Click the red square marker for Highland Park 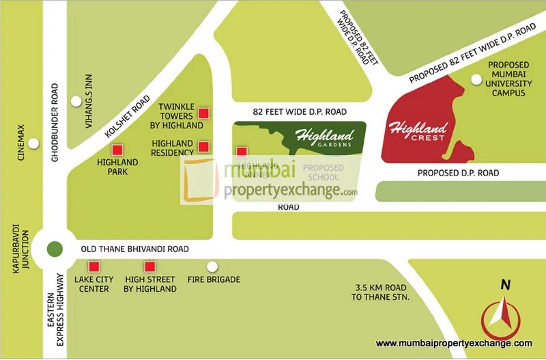coord(117,150)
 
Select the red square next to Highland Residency coord(203,146)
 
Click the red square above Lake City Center coord(95,266)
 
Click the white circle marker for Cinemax coord(33,144)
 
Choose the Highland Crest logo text coord(417,130)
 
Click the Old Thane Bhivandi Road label coord(134,249)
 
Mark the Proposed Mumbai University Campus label coord(506,79)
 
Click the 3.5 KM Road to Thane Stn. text coord(379,293)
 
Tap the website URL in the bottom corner coord(454,344)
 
